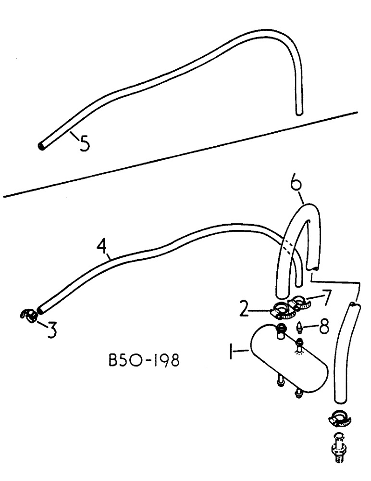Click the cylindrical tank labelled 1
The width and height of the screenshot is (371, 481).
pyautogui.click(x=288, y=359)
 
